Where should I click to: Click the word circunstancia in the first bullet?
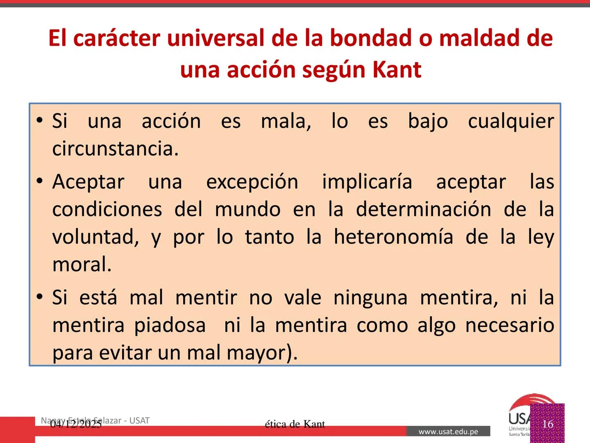coord(115,148)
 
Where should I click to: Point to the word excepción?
coord(252,182)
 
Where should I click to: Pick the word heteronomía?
coord(393,237)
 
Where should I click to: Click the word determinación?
coord(423,209)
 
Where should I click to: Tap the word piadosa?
coord(170,325)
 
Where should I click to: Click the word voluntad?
coord(95,237)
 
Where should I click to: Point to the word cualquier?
coord(511,121)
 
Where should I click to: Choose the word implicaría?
coord(367,182)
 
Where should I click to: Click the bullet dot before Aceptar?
coord(39,181)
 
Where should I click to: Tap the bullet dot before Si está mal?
coord(39,297)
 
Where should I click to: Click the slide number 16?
coord(547,424)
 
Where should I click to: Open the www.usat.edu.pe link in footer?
coord(448,432)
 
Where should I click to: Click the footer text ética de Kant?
coord(295,424)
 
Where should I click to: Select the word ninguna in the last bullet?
coord(370,298)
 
